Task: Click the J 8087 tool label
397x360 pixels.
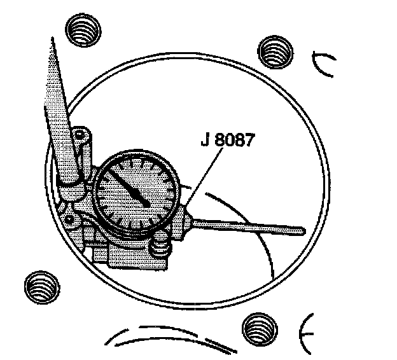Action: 226,141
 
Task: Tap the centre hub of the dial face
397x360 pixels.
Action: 146,202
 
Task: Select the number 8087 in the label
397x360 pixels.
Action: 233,141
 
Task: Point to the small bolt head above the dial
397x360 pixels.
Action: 79,135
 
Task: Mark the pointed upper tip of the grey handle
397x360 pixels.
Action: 50,39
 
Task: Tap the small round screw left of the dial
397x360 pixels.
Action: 69,219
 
